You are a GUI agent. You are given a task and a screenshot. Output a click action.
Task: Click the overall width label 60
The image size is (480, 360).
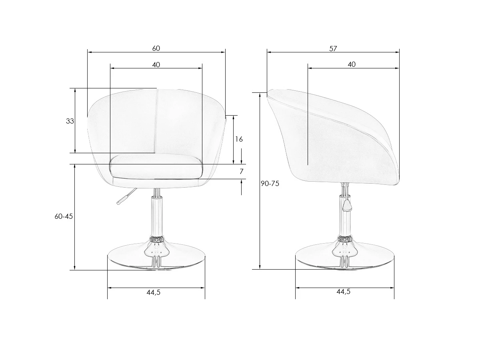(x=156, y=48)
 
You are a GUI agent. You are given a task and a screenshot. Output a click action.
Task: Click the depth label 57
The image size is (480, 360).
(x=333, y=49)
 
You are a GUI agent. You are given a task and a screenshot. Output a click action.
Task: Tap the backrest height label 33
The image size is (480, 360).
(x=70, y=121)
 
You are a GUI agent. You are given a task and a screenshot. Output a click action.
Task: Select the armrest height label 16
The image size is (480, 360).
(x=239, y=139)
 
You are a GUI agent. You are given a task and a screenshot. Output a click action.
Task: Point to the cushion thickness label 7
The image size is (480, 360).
(x=241, y=172)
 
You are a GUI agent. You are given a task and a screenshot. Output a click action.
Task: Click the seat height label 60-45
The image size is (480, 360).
(x=64, y=216)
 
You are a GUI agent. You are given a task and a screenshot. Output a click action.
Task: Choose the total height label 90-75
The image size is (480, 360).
(x=270, y=184)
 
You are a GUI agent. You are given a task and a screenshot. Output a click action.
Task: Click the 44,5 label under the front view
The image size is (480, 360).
(x=154, y=292)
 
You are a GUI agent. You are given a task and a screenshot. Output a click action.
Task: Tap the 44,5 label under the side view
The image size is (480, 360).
(x=343, y=292)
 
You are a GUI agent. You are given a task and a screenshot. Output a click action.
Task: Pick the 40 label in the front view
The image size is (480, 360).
(x=156, y=65)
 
